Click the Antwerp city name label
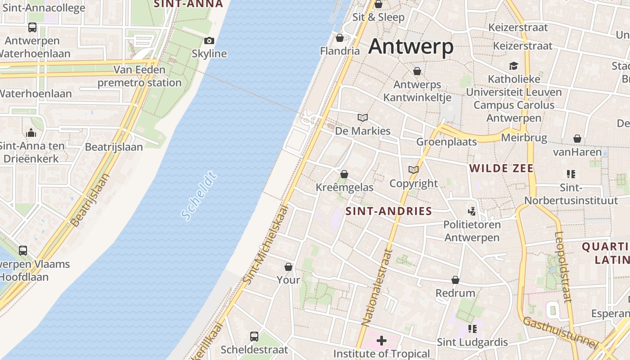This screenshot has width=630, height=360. click(x=410, y=47)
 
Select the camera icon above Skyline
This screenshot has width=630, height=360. click(x=209, y=41)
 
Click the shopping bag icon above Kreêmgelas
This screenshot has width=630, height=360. click(x=344, y=174)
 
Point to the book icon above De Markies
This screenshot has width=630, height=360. click(x=363, y=118)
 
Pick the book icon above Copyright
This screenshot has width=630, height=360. click(x=414, y=170)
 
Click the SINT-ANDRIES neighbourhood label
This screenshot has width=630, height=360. click(x=389, y=211)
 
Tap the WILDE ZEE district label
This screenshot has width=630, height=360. click(x=501, y=169)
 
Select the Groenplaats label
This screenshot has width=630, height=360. click(x=446, y=142)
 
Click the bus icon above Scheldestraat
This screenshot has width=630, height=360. click(x=254, y=336)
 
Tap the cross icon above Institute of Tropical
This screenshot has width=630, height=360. click(x=382, y=341)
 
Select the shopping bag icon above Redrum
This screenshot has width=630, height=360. click(x=455, y=280)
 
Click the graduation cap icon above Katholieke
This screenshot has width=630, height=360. click(x=514, y=66)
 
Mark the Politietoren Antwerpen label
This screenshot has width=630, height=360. click(x=472, y=231)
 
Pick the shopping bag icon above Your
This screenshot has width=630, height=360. click(x=288, y=267)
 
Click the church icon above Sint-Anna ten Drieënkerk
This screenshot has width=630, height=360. click(x=31, y=133)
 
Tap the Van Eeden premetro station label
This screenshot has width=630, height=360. click(x=139, y=76)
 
